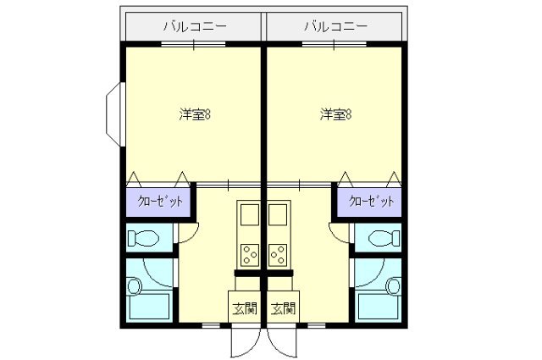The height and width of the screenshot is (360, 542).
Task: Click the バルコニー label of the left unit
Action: click(x=195, y=26)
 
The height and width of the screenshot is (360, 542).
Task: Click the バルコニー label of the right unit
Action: click(x=336, y=26)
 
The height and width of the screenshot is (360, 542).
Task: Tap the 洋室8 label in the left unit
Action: click(x=195, y=115)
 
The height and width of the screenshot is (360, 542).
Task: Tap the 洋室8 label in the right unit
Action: click(x=336, y=115)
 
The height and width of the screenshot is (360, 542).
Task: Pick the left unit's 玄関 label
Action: click(x=245, y=308)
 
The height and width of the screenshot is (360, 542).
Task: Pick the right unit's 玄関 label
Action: click(x=284, y=308)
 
